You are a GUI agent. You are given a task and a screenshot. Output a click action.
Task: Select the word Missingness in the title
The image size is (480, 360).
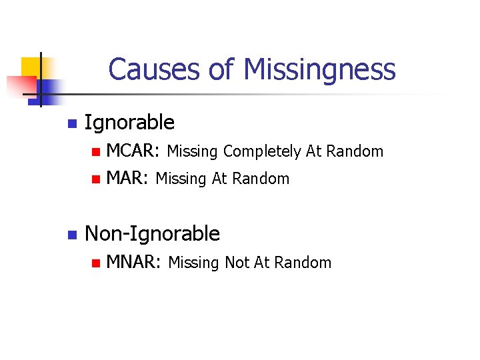click(x=320, y=69)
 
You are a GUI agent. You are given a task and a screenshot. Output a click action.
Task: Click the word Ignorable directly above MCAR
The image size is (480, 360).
click(x=130, y=123)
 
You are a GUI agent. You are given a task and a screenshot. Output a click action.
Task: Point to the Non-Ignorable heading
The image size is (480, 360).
click(x=153, y=233)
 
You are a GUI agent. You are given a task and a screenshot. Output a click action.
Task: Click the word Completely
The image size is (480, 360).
click(x=263, y=152)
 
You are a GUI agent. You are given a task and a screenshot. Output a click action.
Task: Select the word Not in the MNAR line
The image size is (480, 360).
click(x=237, y=263)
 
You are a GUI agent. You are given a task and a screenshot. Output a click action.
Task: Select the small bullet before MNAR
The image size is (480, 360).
click(x=95, y=263)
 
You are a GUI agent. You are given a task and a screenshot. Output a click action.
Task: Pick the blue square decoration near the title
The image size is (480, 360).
click(x=49, y=87)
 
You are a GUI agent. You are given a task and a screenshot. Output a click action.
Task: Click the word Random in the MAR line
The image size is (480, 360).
click(x=267, y=179)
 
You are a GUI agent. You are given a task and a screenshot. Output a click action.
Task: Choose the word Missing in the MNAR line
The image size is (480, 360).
click(x=195, y=263)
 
